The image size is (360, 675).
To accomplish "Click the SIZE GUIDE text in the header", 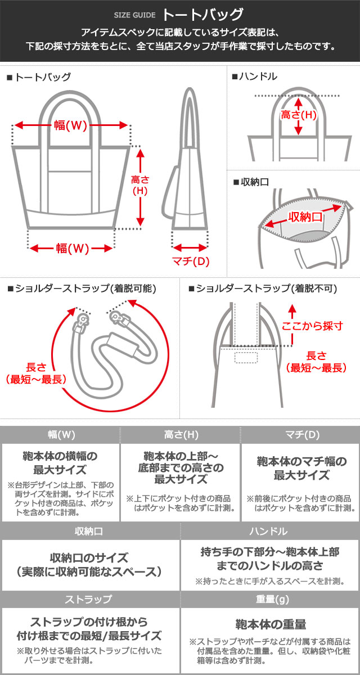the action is coord(134,15).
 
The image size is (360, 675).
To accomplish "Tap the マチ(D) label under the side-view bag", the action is coord(191,261).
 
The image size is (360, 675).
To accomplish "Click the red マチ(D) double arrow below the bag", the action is coord(190,247).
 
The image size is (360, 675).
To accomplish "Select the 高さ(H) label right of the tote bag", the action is coord(140,185).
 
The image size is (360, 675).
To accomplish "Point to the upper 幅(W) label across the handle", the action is coord(70,125).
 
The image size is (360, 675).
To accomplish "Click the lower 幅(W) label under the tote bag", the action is coord(73,249).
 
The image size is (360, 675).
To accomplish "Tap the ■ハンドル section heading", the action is coord(254,76).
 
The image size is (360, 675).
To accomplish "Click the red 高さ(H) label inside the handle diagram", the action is coord(298,115).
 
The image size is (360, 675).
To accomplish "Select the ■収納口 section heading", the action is coord(251,182).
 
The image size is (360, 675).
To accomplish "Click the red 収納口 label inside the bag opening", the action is coord(305,217).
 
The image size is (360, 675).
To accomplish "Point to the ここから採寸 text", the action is coord(312,326).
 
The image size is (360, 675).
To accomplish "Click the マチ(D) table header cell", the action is coord(301,435).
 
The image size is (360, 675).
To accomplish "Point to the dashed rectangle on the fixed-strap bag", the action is coord(246,357).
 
